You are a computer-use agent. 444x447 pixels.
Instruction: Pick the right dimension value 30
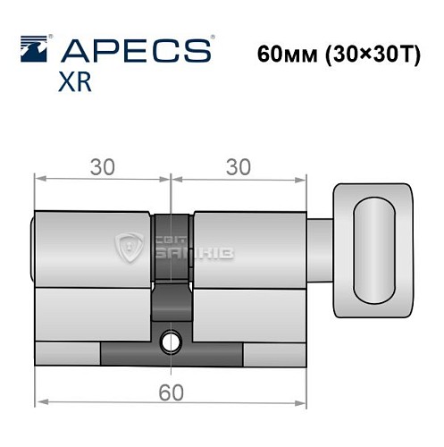click(x=239, y=166)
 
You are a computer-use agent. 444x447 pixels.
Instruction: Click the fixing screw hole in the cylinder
click(x=170, y=341)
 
